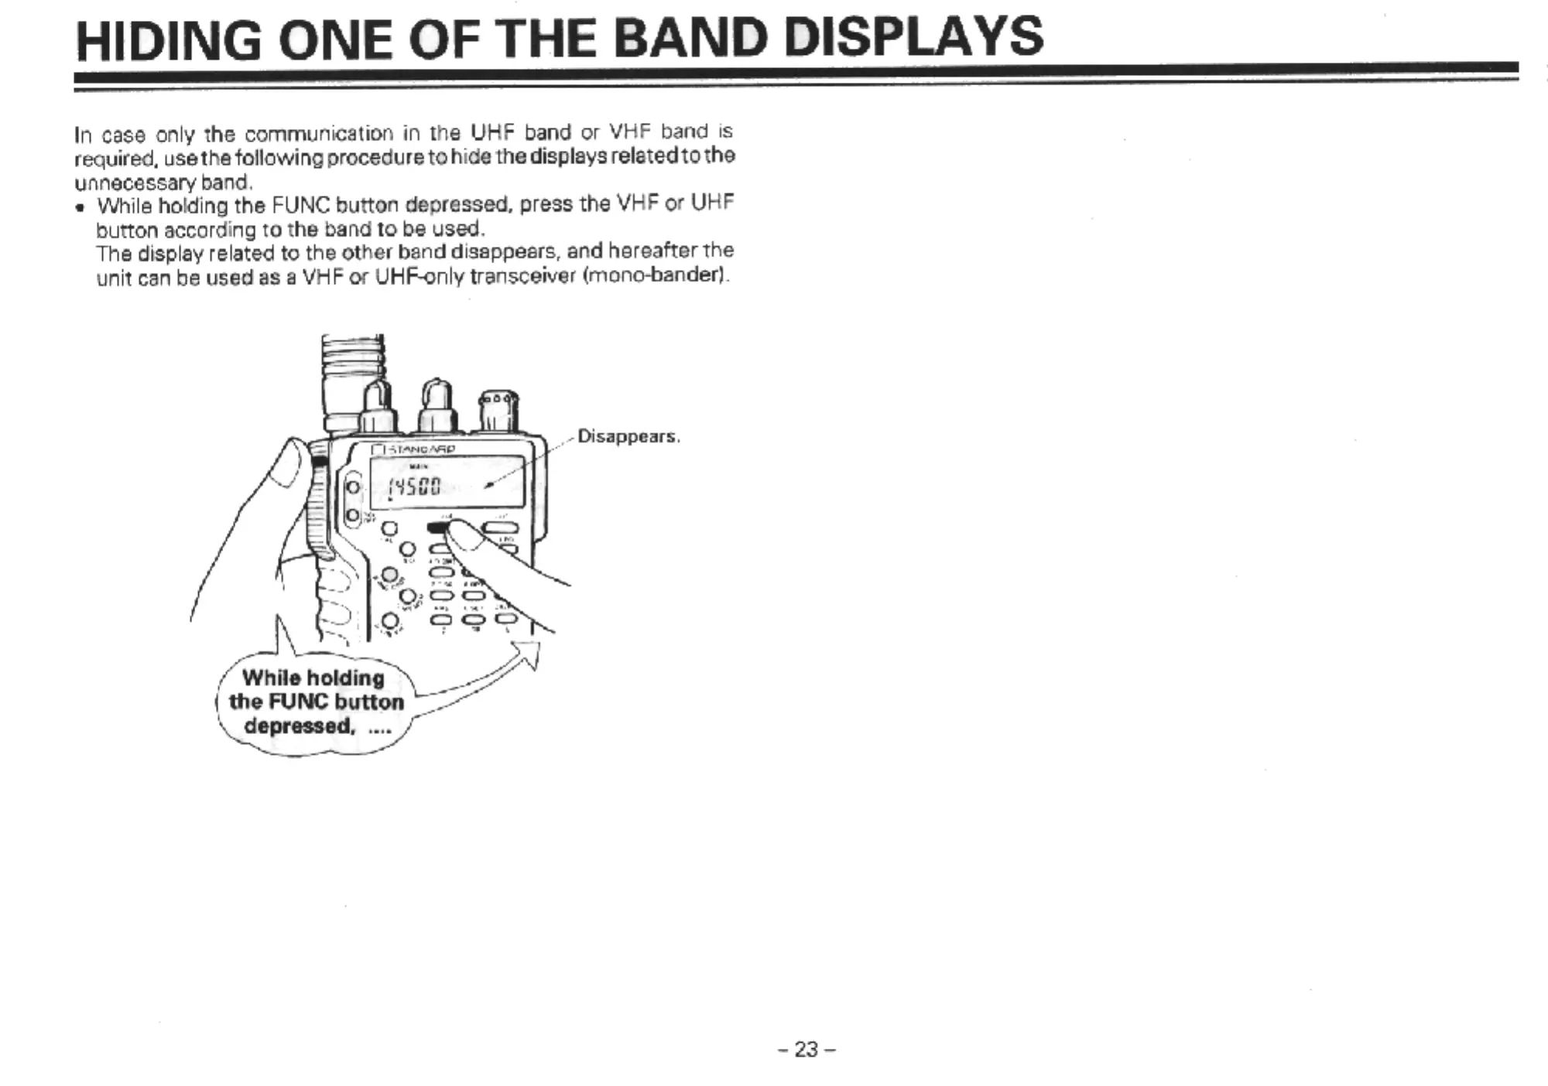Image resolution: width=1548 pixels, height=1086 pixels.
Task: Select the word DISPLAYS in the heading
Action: point(913,37)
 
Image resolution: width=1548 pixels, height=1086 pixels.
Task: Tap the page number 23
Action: point(807,1050)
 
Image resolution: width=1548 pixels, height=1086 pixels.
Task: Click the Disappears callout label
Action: point(628,436)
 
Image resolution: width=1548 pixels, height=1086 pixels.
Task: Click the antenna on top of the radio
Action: point(353,379)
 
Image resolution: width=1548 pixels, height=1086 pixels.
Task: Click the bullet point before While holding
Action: point(80,207)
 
